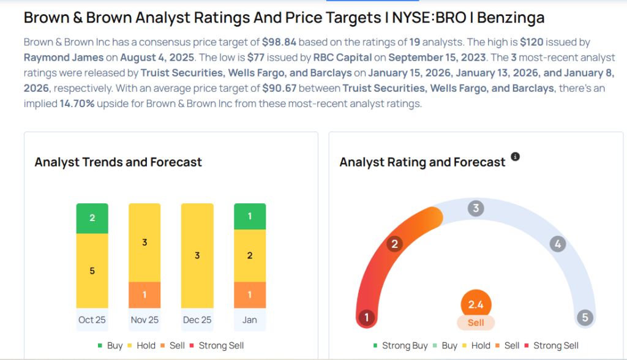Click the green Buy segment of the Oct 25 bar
pyautogui.click(x=92, y=218)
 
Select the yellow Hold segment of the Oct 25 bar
pyautogui.click(x=92, y=270)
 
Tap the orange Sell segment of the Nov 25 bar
pyautogui.click(x=145, y=294)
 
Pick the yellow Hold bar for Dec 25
pyautogui.click(x=197, y=255)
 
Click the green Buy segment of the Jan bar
pyautogui.click(x=250, y=216)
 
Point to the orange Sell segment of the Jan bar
pyautogui.click(x=250, y=294)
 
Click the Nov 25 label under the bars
pyautogui.click(x=145, y=320)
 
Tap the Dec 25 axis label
pyautogui.click(x=197, y=320)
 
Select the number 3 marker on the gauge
pyautogui.click(x=476, y=208)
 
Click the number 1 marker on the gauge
pyautogui.click(x=366, y=317)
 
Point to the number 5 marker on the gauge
pyautogui.click(x=585, y=317)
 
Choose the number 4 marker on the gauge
pyautogui.click(x=557, y=244)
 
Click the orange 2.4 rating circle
pyautogui.click(x=476, y=304)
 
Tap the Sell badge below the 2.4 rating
pyautogui.click(x=476, y=323)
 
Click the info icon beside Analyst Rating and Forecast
pyautogui.click(x=515, y=157)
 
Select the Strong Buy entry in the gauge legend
pyautogui.click(x=400, y=345)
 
